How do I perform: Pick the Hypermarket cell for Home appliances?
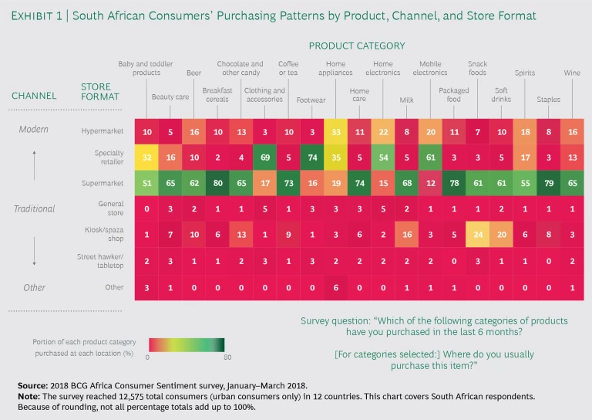click(x=336, y=132)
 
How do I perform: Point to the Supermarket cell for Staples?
click(x=549, y=183)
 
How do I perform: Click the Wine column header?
click(x=572, y=73)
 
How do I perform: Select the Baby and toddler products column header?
click(x=140, y=69)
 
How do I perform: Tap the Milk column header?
click(x=406, y=100)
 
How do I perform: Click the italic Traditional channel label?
click(x=34, y=209)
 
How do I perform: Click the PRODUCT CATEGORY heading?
click(x=357, y=46)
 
